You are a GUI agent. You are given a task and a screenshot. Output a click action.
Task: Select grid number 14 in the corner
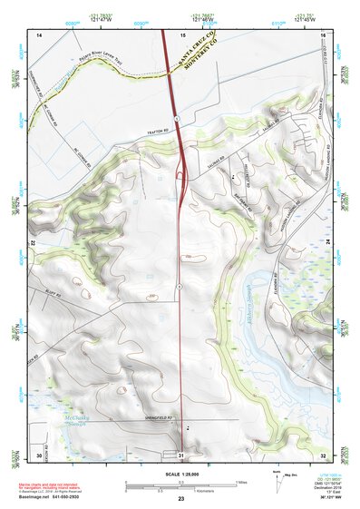pos(39,34)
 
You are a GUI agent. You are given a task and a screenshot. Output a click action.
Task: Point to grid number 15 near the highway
pos(182,34)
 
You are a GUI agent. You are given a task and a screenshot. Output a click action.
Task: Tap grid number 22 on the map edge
pos(34,243)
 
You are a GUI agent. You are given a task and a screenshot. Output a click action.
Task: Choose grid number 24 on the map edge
pos(327,243)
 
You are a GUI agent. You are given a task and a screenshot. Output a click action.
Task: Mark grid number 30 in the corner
pos(39,454)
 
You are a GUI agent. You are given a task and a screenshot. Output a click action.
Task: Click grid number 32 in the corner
pos(324,454)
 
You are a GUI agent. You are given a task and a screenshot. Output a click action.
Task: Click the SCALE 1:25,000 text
pos(181,475)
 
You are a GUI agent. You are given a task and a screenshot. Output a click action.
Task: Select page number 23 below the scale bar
pos(181,500)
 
